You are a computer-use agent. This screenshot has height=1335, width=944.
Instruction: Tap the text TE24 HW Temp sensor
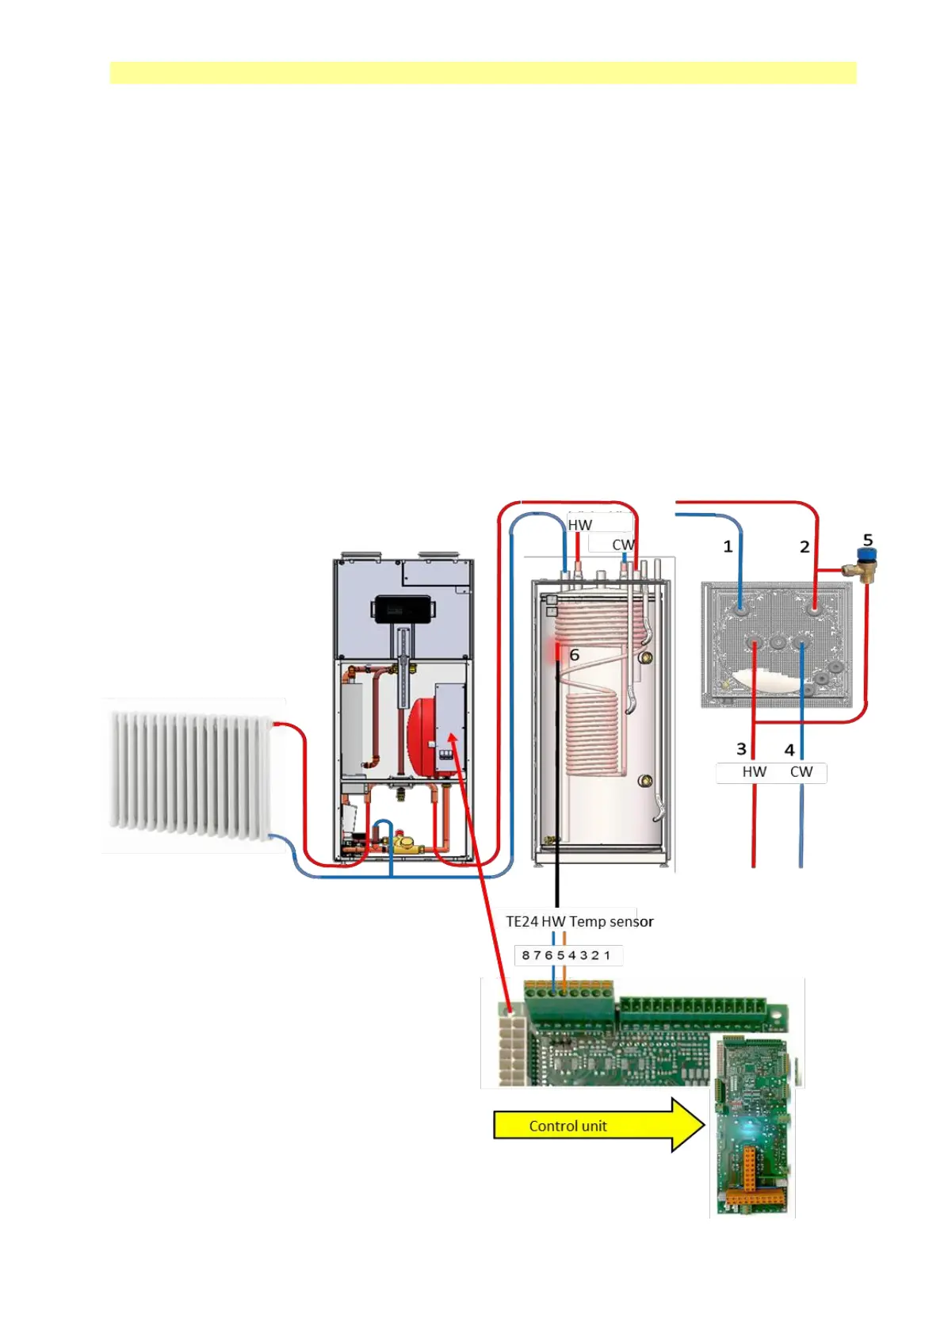pyautogui.click(x=579, y=921)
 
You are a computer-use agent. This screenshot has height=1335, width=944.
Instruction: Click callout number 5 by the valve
pyautogui.click(x=868, y=540)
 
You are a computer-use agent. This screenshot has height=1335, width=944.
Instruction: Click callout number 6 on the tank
pyautogui.click(x=575, y=656)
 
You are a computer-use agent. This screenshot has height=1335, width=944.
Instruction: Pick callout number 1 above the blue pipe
pyautogui.click(x=728, y=546)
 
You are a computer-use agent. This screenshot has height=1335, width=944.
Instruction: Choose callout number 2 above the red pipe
pyautogui.click(x=805, y=546)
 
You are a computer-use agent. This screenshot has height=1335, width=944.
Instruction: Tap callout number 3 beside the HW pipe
pyautogui.click(x=741, y=749)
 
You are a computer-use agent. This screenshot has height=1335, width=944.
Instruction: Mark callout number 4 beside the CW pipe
pyautogui.click(x=789, y=749)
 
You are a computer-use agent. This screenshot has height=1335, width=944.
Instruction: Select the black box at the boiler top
pyautogui.click(x=401, y=608)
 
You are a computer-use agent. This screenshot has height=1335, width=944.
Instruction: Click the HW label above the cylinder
pyautogui.click(x=580, y=525)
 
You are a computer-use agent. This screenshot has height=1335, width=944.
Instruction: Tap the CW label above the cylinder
pyautogui.click(x=622, y=545)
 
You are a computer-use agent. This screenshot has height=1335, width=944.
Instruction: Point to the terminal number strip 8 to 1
pyautogui.click(x=567, y=955)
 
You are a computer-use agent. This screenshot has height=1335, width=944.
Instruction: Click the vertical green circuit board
pyautogui.click(x=751, y=1126)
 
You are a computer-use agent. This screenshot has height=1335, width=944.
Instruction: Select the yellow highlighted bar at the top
pyautogui.click(x=483, y=73)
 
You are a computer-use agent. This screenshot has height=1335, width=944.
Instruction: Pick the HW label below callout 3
pyautogui.click(x=754, y=771)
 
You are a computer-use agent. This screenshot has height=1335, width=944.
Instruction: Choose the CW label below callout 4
pyautogui.click(x=801, y=771)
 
